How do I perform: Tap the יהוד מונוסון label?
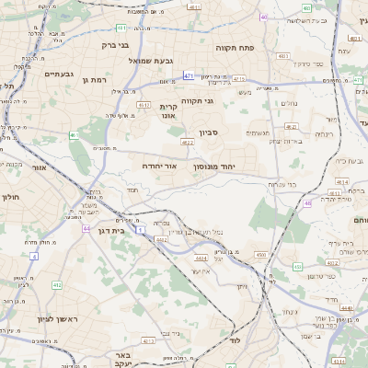(214, 167)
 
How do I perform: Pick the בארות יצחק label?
(274, 142)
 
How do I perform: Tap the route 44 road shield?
(86, 228)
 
